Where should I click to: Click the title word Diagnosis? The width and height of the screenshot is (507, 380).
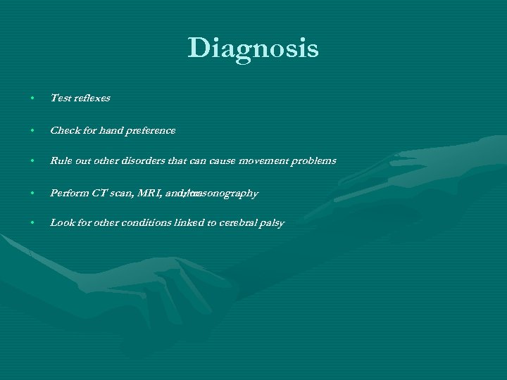(x=253, y=49)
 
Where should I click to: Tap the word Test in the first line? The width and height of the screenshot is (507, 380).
(x=60, y=99)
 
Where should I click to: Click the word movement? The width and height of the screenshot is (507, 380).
(x=263, y=161)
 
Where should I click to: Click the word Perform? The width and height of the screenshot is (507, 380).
(x=69, y=193)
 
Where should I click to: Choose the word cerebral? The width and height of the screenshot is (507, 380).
(x=239, y=223)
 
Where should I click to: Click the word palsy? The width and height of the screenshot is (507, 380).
(x=273, y=224)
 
